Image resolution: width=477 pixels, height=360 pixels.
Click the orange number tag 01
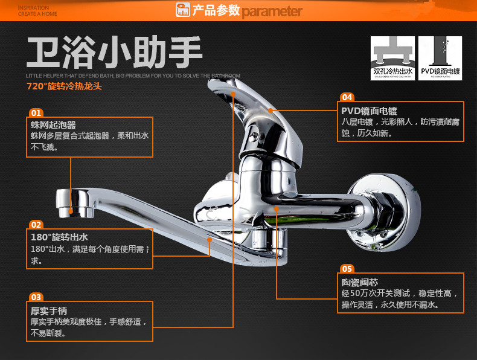[36, 113]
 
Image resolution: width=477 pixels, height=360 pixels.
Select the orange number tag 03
[36, 297]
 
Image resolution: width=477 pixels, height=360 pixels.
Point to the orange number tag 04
[347, 97]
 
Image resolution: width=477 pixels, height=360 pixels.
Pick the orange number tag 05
[347, 269]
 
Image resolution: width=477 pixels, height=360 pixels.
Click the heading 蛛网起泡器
[53, 125]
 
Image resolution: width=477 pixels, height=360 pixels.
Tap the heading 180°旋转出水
[59, 237]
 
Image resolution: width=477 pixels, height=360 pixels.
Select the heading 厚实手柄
[49, 310]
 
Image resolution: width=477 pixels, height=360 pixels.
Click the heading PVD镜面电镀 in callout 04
[368, 111]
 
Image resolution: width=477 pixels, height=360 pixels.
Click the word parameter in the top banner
[272, 11]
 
